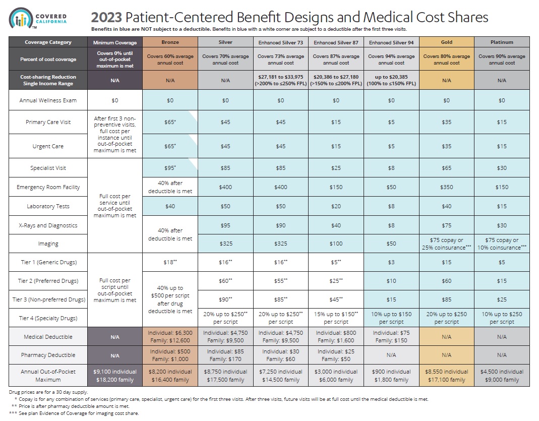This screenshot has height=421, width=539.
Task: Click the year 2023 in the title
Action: (x=106, y=18)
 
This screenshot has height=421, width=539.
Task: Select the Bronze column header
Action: (x=170, y=42)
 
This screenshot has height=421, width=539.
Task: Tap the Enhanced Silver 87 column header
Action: (x=336, y=42)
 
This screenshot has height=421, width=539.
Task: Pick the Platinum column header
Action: (x=502, y=42)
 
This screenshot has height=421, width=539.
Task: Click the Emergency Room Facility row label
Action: (x=48, y=187)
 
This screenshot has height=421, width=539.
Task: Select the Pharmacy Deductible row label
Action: (x=48, y=354)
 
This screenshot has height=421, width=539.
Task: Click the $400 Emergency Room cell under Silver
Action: (x=225, y=187)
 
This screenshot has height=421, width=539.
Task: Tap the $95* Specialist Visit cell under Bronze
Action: (x=170, y=168)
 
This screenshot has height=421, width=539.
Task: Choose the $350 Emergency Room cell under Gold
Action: (x=446, y=187)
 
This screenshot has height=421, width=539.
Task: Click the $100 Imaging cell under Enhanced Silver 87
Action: (x=336, y=244)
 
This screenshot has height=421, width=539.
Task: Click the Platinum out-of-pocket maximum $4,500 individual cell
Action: (x=502, y=376)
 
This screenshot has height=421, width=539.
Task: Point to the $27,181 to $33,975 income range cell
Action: (x=281, y=79)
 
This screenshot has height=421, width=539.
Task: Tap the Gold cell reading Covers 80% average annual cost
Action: (x=446, y=59)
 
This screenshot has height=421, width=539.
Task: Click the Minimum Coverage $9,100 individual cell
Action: (x=115, y=376)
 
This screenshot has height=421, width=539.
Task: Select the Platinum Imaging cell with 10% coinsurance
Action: (x=502, y=244)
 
